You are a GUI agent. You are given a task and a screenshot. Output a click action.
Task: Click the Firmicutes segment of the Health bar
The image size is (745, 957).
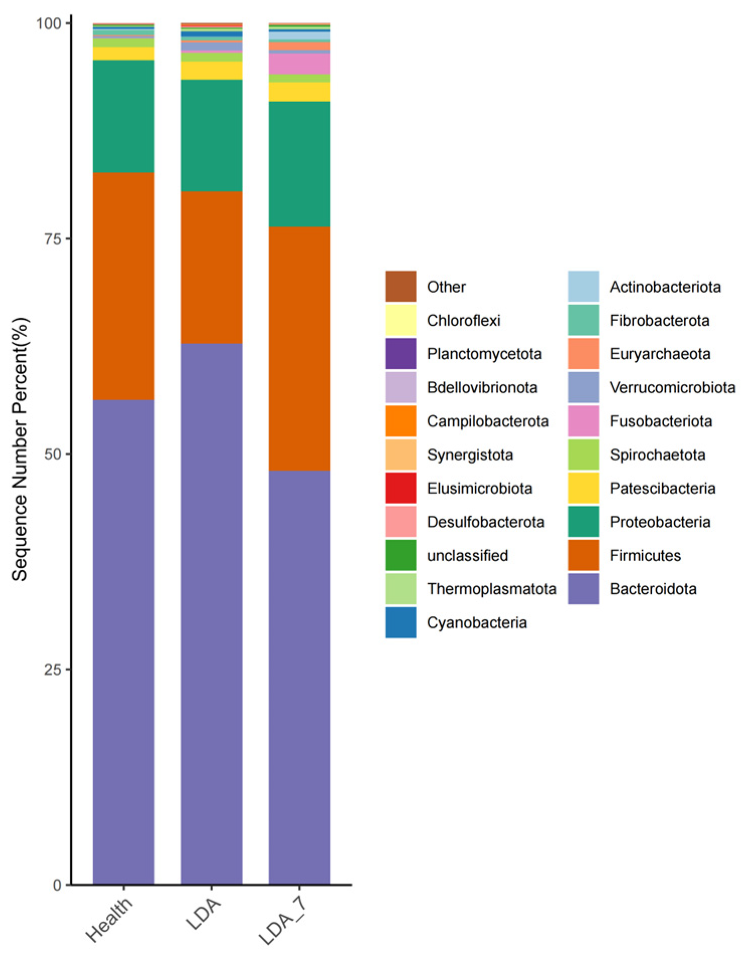[124, 286]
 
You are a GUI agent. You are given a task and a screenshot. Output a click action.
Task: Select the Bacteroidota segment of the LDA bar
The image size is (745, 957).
[211, 613]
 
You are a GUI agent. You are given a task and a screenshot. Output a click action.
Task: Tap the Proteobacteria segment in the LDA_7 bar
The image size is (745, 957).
[299, 164]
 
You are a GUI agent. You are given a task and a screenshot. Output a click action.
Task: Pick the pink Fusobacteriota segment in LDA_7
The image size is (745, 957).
[299, 64]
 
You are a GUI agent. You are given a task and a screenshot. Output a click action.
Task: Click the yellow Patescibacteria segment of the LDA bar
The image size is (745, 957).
[211, 70]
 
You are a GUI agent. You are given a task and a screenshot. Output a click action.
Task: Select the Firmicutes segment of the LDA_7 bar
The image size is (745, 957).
[299, 348]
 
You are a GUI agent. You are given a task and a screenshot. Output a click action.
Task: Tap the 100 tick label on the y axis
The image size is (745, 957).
[49, 24]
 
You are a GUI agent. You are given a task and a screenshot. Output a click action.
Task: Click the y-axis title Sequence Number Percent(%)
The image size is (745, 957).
[20, 449]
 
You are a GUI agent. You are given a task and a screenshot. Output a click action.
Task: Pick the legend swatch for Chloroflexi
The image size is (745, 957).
[400, 320]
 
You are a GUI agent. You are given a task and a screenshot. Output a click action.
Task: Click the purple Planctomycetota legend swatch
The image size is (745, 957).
[400, 354]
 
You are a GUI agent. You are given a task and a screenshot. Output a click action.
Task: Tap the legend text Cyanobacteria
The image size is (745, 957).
[476, 622]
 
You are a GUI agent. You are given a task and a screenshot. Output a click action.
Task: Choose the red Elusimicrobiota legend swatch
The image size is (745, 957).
[400, 488]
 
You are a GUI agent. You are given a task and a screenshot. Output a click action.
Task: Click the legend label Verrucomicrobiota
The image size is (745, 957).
[672, 387]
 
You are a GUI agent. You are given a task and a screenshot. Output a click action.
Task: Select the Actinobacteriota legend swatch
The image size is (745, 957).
[583, 286]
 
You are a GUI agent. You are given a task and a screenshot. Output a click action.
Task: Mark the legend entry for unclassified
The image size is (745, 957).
[467, 555]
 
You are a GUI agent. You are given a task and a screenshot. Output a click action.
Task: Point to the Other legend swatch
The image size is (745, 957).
[400, 286]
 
